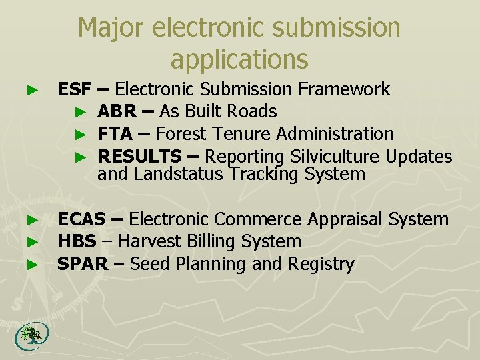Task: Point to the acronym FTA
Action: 115,134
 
